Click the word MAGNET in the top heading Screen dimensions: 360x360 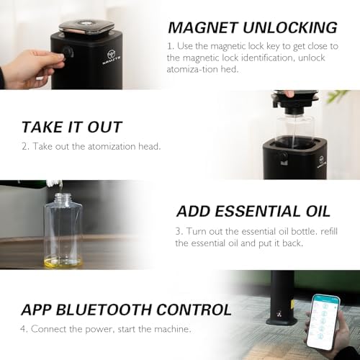pos(202,27)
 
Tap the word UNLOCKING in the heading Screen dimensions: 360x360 pos(290,27)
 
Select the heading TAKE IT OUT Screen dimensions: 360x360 pos(72,127)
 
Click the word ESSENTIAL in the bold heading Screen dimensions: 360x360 pos(257,212)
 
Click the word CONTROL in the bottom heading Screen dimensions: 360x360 pos(194,310)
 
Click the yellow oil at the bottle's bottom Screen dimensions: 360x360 pos(63,262)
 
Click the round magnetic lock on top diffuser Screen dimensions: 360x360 pos(68,52)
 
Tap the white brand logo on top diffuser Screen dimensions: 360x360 pos(112,58)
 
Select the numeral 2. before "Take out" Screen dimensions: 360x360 pos(25,146)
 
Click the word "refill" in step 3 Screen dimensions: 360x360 pos(329,231)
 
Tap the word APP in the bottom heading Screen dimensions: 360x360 pos(36,310)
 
